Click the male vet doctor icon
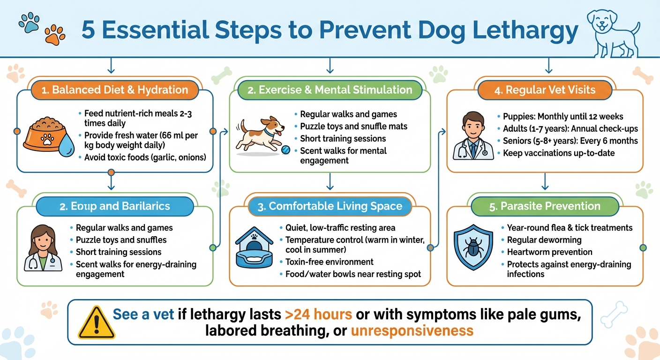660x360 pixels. tap(473, 136)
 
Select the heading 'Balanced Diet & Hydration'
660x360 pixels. tap(114, 90)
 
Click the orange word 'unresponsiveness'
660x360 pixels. tap(412, 330)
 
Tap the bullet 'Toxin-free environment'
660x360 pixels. tap(329, 262)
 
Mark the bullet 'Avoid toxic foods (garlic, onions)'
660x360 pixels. tap(145, 157)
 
